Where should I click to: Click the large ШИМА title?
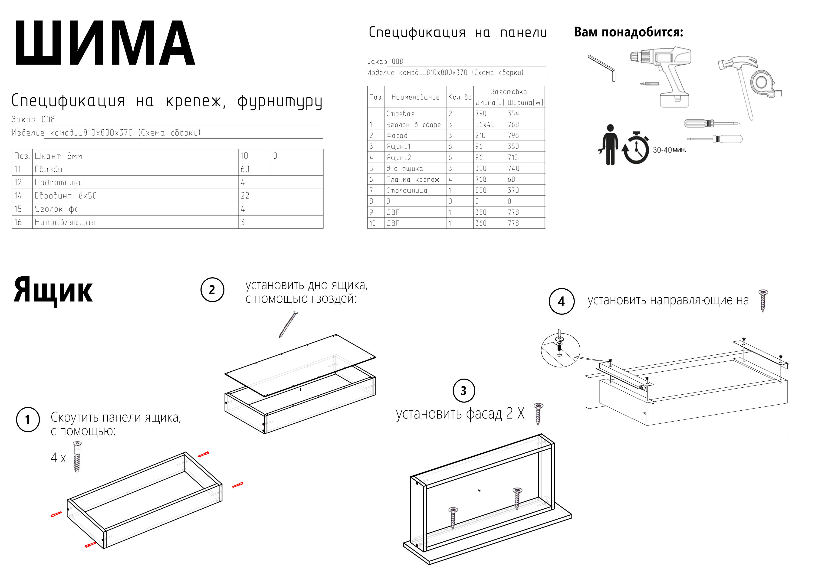click(x=105, y=43)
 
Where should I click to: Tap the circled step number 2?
click(x=212, y=290)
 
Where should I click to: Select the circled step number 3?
click(x=463, y=391)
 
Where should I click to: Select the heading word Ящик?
click(x=53, y=291)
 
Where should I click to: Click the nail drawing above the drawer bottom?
click(x=288, y=325)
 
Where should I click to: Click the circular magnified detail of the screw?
click(x=560, y=350)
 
